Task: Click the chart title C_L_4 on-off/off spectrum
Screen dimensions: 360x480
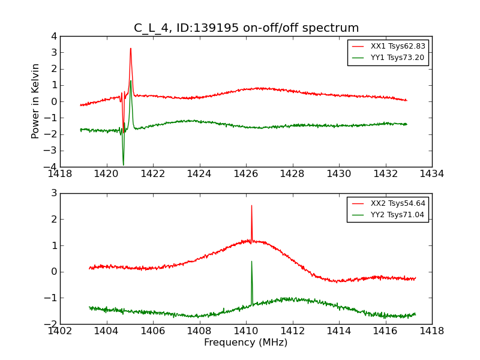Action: (x=246, y=28)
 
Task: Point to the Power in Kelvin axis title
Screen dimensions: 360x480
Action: (x=36, y=101)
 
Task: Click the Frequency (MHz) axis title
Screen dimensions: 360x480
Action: (x=246, y=343)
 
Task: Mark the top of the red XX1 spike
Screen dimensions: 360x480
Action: (x=130, y=49)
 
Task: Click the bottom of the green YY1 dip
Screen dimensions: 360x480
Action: (x=124, y=164)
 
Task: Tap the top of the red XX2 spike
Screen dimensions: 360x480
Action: (x=251, y=206)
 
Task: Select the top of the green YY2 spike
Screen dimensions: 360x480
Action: (x=251, y=261)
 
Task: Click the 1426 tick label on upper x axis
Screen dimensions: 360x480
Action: (x=246, y=174)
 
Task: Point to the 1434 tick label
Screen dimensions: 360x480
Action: (x=432, y=174)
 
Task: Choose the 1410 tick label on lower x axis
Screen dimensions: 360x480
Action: (x=246, y=331)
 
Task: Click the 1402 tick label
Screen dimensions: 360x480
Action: (x=60, y=331)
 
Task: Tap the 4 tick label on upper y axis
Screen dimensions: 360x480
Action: (x=54, y=36)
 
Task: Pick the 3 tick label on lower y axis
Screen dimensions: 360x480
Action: (x=54, y=193)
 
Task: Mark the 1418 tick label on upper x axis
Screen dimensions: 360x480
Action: (x=60, y=174)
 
